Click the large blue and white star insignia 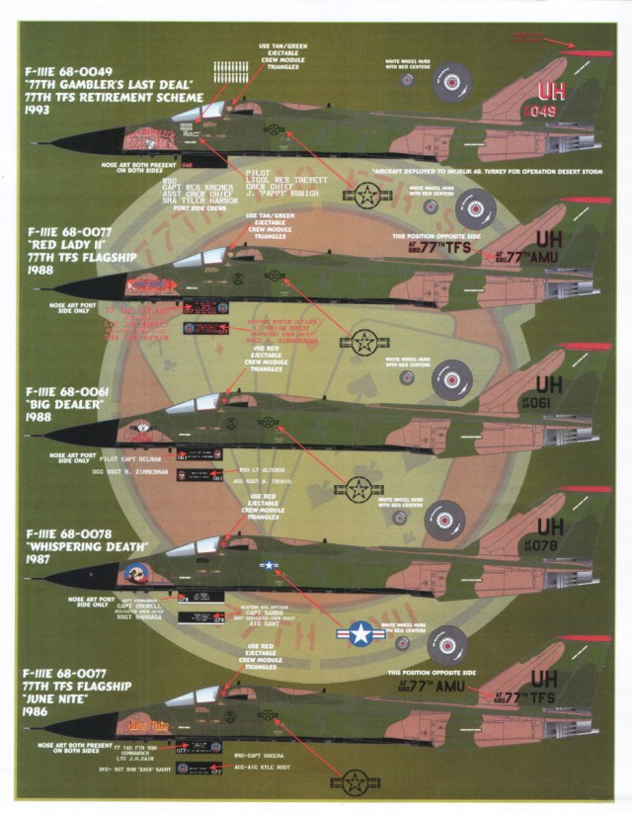359,633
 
